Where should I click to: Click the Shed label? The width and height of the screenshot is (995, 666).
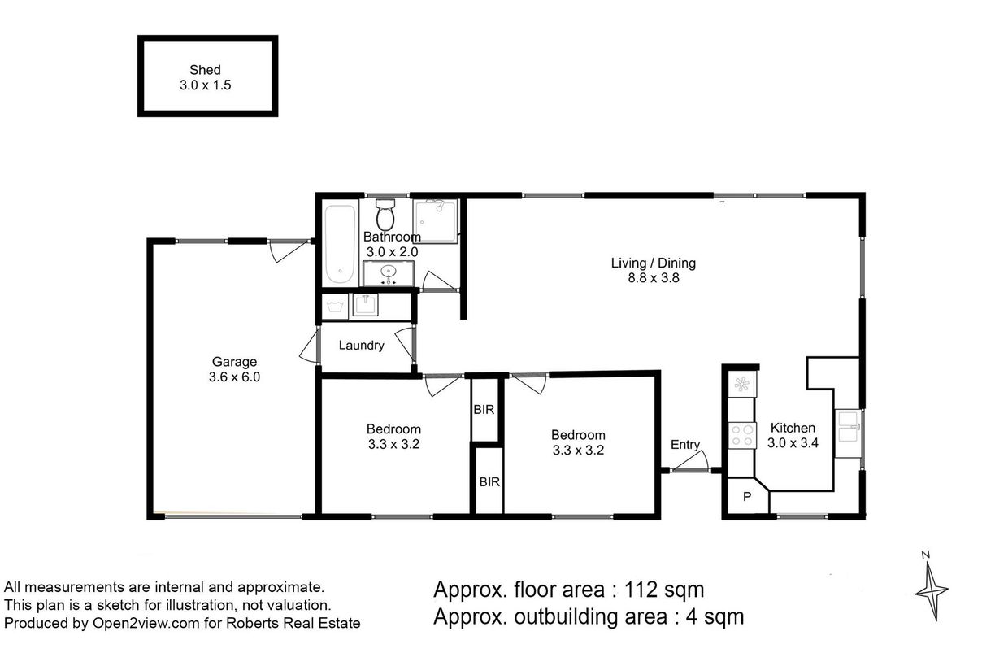pos(205,70)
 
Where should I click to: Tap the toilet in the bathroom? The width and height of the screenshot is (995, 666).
pos(385,214)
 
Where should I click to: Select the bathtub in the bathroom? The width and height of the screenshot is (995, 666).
pos(340,244)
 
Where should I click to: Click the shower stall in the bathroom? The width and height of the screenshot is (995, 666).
pos(436,221)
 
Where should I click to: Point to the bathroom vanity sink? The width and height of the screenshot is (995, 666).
pos(389,271)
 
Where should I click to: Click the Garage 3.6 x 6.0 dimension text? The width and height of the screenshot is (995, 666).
pos(235,377)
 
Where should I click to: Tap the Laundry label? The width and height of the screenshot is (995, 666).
pos(361,346)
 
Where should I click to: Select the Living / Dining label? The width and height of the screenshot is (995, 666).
pos(654,263)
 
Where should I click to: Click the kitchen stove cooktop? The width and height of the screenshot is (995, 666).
pos(742,435)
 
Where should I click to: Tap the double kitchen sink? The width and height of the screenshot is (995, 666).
pos(848,428)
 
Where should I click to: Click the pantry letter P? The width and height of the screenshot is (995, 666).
pos(747,496)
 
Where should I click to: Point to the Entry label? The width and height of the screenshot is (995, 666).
pos(685,445)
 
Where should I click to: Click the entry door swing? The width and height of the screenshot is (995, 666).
pos(690,461)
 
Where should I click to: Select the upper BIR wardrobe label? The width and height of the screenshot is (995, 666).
pos(484,409)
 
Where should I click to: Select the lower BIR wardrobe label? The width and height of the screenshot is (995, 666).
pos(489,481)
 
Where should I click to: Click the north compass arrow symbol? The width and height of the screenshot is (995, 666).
pos(932,590)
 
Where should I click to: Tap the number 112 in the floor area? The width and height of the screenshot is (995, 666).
pos(641,590)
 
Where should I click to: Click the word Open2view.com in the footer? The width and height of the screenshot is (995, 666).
pos(146,624)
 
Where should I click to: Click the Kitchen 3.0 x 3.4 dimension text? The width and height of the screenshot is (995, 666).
pos(793,442)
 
